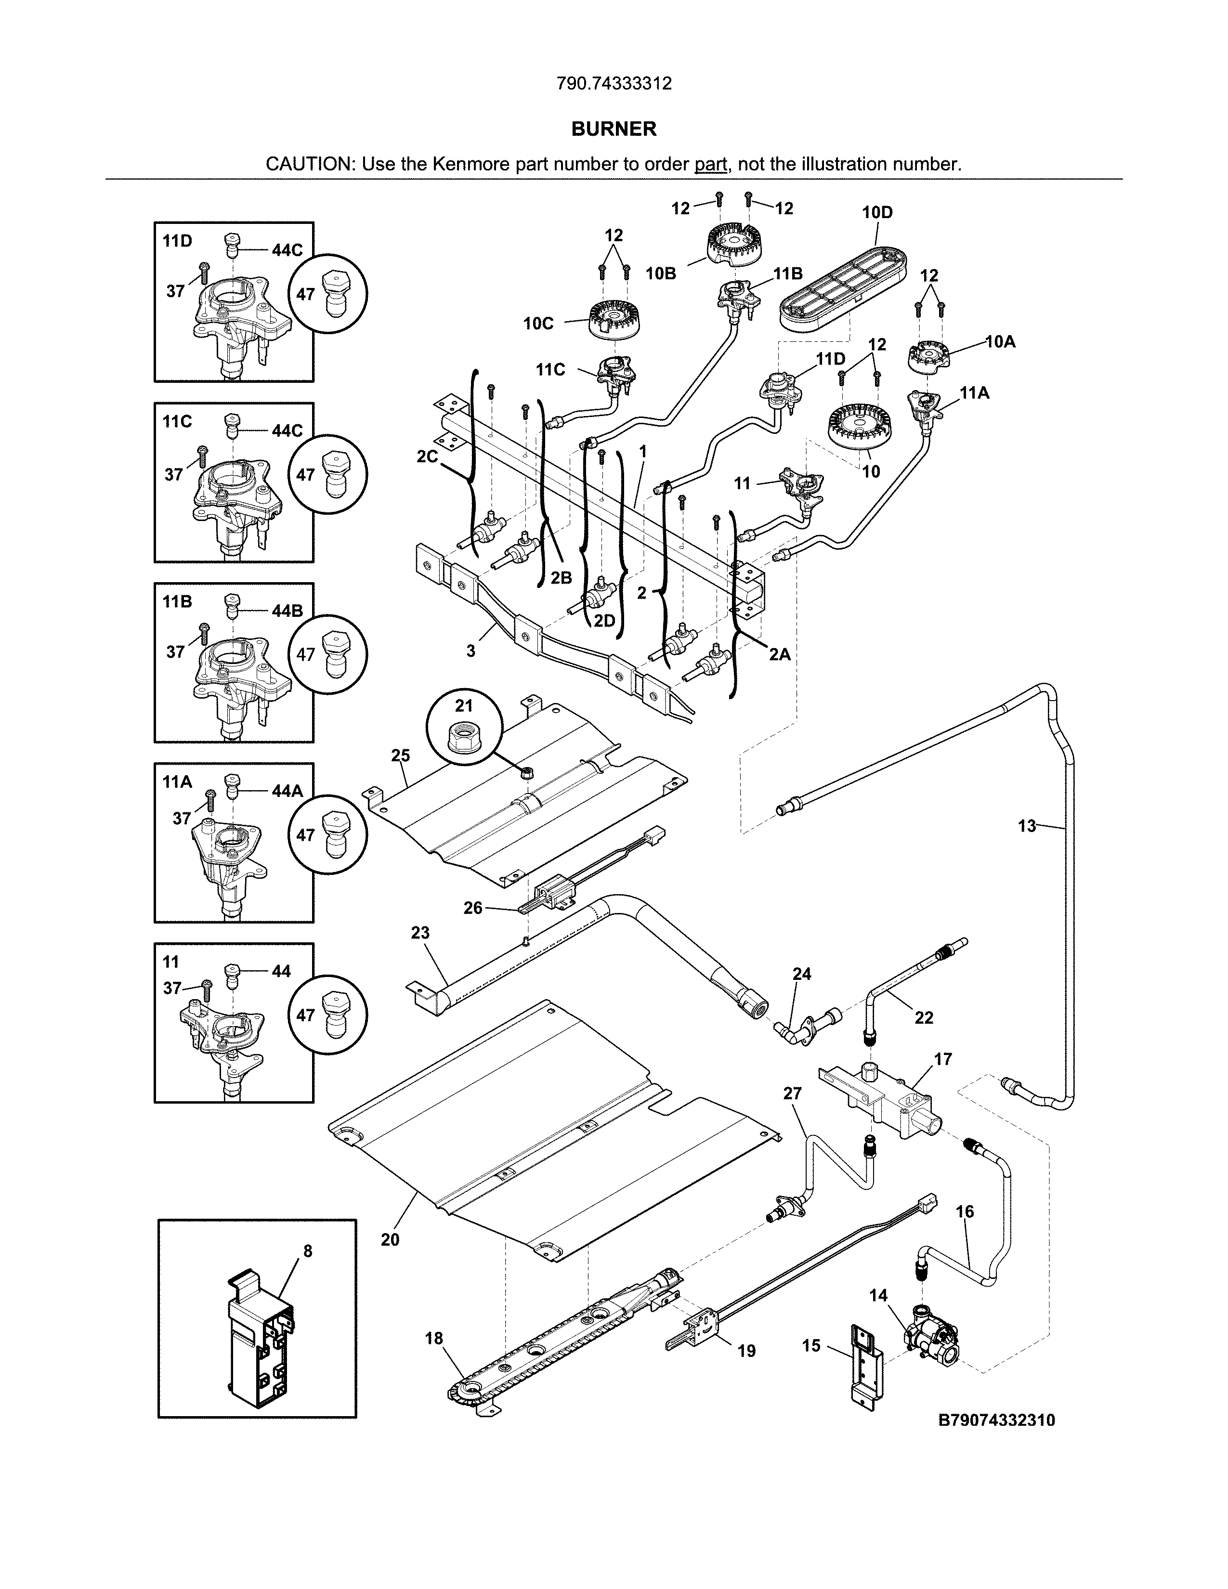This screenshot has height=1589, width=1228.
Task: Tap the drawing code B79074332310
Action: pyautogui.click(x=997, y=1420)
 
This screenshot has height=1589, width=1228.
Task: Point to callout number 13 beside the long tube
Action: pyautogui.click(x=1027, y=826)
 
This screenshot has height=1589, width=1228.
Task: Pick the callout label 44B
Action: pyautogui.click(x=287, y=611)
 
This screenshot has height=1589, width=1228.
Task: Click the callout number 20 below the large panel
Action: pyautogui.click(x=390, y=1239)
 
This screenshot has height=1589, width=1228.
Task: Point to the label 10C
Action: pyautogui.click(x=538, y=324)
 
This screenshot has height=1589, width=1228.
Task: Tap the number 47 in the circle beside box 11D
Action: pyautogui.click(x=305, y=294)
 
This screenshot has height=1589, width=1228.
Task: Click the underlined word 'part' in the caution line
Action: pyautogui.click(x=711, y=164)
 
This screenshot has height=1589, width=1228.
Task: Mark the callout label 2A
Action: pyautogui.click(x=779, y=654)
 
